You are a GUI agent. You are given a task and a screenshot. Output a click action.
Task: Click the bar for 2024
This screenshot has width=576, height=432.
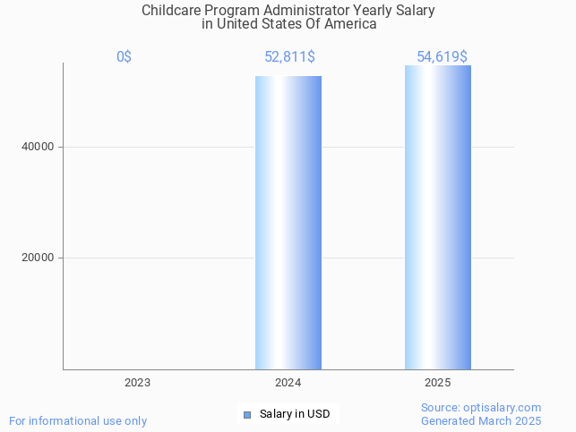[x=288, y=223]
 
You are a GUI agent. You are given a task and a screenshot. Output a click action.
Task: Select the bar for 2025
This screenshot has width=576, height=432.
[x=438, y=217]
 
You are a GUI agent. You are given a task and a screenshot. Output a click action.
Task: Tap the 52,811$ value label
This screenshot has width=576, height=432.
[x=289, y=57]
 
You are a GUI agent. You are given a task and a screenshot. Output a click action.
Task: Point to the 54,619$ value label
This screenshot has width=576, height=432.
[x=442, y=57]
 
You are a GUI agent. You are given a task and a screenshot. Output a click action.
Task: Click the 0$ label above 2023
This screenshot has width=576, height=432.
[x=124, y=57]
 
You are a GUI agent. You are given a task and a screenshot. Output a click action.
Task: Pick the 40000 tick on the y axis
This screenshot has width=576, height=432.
[x=38, y=147]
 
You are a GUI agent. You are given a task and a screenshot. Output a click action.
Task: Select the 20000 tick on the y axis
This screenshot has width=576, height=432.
[x=38, y=258]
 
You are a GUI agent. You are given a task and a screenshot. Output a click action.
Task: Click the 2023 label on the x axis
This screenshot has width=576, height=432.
[x=137, y=383]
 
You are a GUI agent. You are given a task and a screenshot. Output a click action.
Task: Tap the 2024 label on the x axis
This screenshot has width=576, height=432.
[x=288, y=383]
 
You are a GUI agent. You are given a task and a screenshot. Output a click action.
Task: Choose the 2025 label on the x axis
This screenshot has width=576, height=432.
[x=438, y=383]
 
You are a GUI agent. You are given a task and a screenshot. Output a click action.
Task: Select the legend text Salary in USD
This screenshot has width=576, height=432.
[x=295, y=414]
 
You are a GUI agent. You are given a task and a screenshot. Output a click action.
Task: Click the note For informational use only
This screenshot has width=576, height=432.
[x=78, y=420]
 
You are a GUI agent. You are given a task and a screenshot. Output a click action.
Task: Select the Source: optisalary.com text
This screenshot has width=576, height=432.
[x=481, y=407]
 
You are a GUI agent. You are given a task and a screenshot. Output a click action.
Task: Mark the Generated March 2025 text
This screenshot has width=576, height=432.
[x=481, y=420]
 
